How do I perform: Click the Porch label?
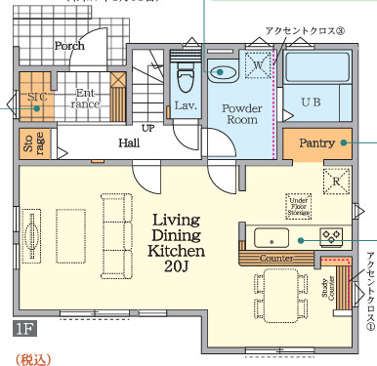[68, 45]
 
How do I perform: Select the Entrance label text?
[87, 97]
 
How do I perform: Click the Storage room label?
[27, 142]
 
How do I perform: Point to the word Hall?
[128, 143]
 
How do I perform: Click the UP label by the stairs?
[148, 128]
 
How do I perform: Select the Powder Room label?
[239, 113]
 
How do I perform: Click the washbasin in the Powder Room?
[224, 70]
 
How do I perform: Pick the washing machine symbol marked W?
[259, 63]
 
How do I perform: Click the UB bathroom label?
[311, 101]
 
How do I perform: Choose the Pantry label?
[317, 142]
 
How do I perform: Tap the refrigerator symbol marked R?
[336, 181]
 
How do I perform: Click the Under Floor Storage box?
[299, 206]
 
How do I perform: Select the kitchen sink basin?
[268, 237]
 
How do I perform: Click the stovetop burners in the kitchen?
[330, 235]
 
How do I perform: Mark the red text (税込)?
[31, 357]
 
